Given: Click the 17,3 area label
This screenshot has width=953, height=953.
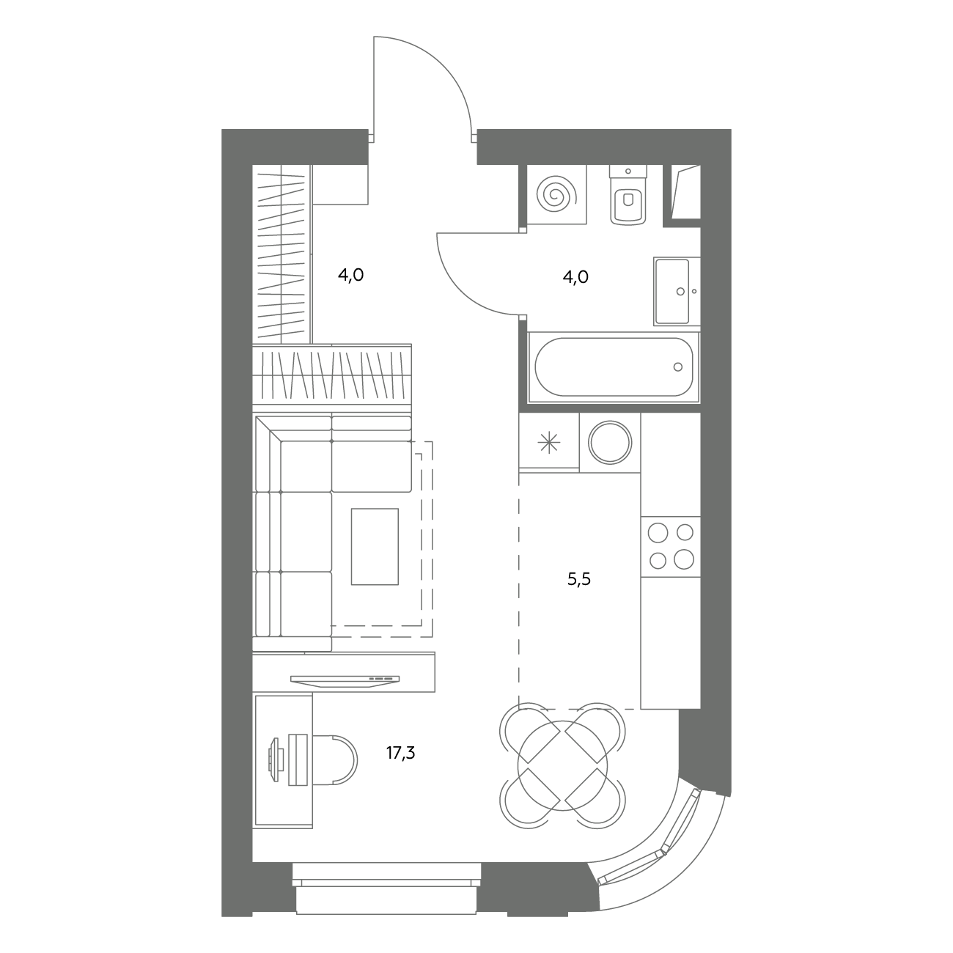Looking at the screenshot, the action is [x=400, y=753].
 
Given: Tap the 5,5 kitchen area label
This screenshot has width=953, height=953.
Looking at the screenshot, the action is [x=578, y=579].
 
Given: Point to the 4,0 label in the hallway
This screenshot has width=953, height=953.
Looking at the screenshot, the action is [x=350, y=275].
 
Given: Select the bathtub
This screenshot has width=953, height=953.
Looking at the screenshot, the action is [x=614, y=367].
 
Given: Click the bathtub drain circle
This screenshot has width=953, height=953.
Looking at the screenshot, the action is [x=677, y=367].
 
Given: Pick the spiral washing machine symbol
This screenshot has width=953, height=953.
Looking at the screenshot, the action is [x=556, y=194].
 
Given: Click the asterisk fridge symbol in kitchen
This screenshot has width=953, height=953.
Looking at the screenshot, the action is [x=549, y=442].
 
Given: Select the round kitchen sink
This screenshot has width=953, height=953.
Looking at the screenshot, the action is [x=610, y=442].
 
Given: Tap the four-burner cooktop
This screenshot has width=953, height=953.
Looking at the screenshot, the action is [x=671, y=546].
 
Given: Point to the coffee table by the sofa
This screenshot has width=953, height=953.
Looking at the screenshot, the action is [x=375, y=546].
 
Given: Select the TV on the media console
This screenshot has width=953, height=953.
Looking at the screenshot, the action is [x=345, y=681].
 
